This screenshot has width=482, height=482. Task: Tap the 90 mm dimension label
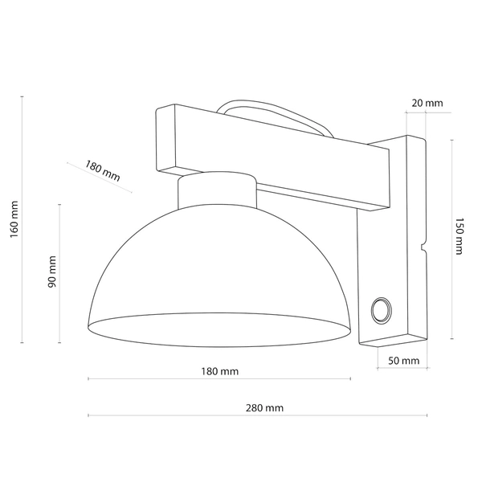click(x=52, y=272)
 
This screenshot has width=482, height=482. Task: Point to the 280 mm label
click(x=265, y=408)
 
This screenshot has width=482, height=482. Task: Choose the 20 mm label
click(x=427, y=103)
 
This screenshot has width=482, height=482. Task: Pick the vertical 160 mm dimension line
click(x=22, y=161)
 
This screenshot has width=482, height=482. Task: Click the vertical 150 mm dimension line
click(x=452, y=193)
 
